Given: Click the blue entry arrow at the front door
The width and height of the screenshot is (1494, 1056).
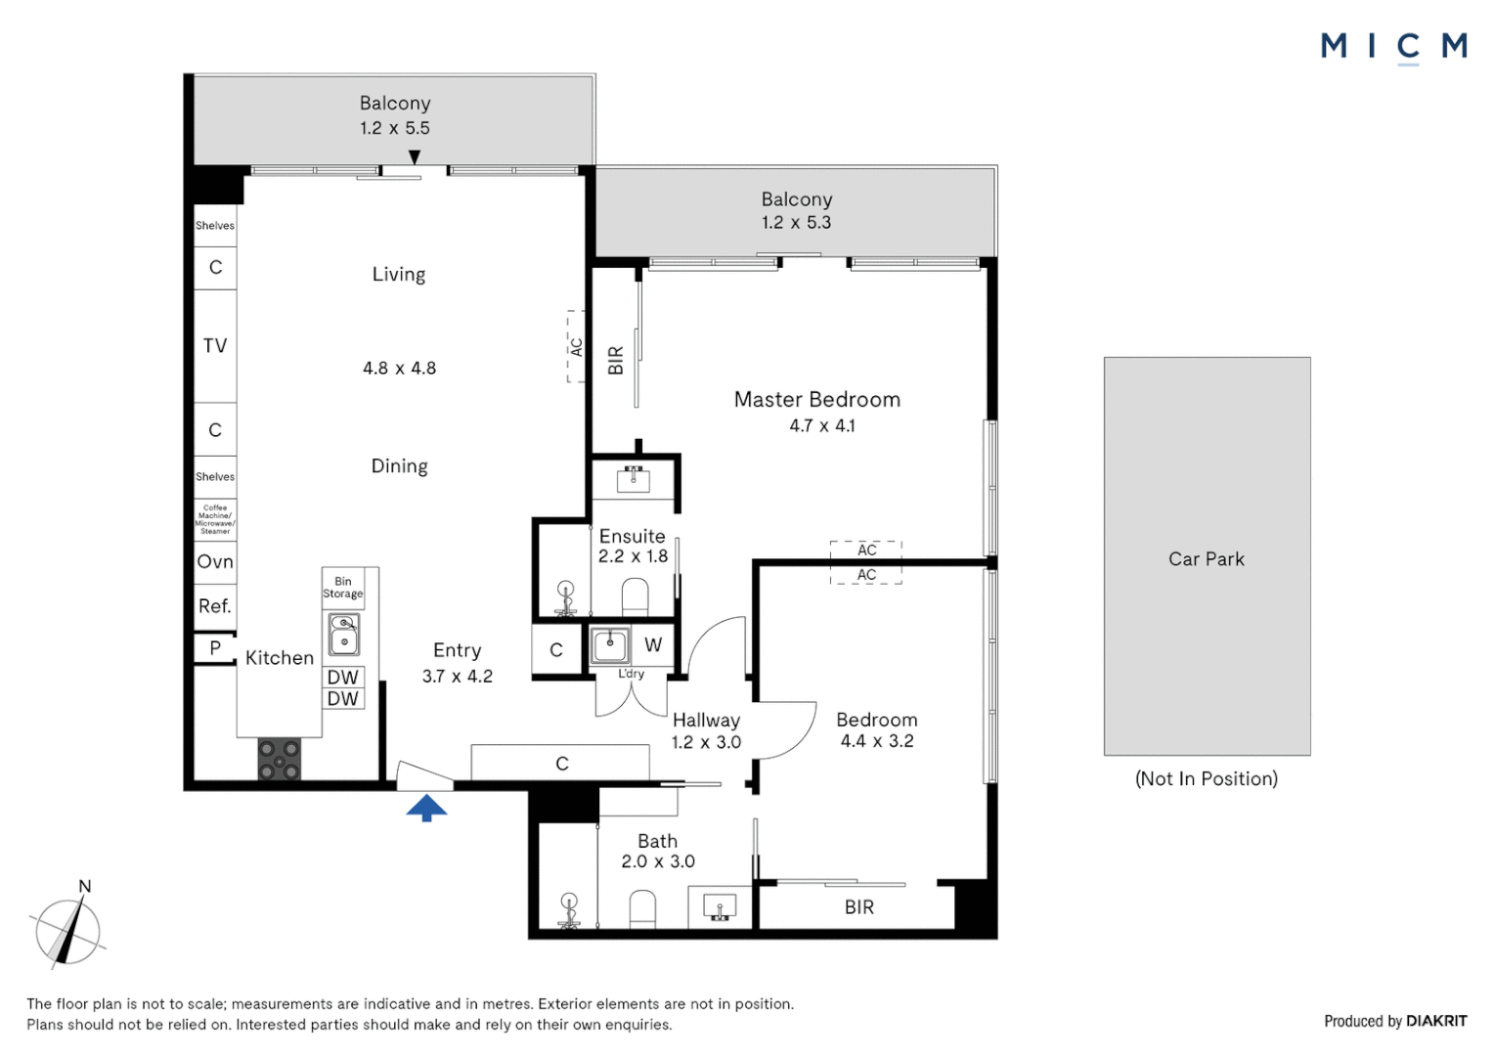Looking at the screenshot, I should pos(426,807).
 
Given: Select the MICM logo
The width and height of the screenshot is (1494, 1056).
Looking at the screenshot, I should pos(1393,46).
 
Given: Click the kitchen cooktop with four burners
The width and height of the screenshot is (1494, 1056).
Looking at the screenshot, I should pos(279,759).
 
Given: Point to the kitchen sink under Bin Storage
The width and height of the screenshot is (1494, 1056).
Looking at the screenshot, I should pos(343,635).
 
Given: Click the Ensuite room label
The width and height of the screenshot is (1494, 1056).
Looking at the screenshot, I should pos(632,536).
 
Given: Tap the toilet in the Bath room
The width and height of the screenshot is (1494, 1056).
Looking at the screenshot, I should pos(642,908).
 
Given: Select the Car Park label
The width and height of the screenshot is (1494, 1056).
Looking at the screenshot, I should pos(1206,559).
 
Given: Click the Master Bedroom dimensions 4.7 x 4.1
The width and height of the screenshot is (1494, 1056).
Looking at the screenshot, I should pos(821,425).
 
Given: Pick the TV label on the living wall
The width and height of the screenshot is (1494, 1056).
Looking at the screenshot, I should pos(215,345).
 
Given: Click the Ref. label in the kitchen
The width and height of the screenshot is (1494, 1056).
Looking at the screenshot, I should pos(215,606).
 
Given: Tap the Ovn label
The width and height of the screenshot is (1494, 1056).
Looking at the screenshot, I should pos(215,561).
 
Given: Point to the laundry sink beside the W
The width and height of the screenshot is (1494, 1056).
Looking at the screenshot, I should pos(610,645).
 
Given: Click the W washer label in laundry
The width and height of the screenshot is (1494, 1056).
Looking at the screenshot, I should pos(653,645).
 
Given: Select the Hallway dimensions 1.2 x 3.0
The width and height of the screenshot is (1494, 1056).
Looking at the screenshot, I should pos(706,742).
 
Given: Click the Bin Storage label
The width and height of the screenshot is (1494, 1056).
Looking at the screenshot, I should pos(342,588).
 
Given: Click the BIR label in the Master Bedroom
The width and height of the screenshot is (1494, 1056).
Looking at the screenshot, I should pos(616,360).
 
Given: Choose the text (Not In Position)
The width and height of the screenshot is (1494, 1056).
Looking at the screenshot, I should pos(1206,778).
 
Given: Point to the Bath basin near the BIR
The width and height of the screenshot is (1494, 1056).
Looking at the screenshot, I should pos(721,907).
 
